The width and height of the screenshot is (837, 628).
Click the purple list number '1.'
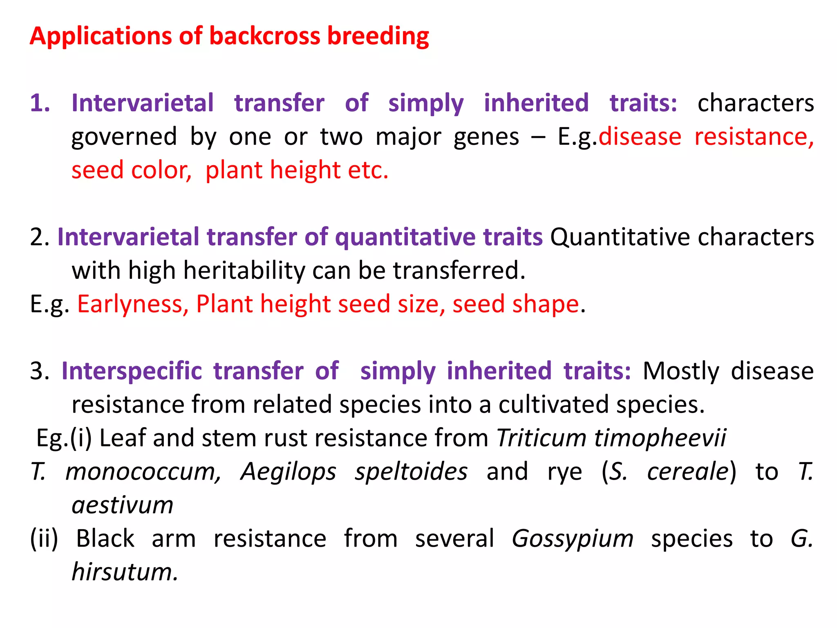tap(40, 103)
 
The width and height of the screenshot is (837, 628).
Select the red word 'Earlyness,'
tap(133, 305)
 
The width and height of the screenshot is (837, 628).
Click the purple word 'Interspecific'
tap(132, 371)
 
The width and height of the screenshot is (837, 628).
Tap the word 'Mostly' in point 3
tap(681, 371)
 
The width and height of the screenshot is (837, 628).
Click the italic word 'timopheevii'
tap(660, 438)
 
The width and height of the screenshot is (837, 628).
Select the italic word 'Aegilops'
tap(288, 472)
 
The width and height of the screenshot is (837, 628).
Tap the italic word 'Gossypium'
tap(573, 538)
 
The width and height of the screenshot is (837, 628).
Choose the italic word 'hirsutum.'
tap(125, 572)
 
